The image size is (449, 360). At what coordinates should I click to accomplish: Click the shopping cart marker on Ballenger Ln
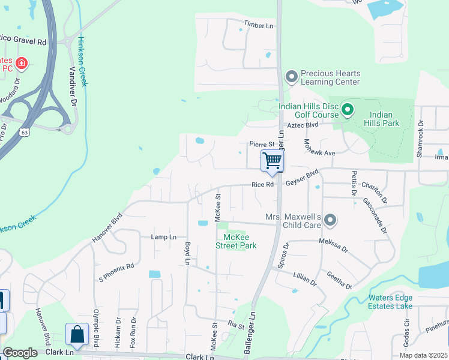(x=272, y=161)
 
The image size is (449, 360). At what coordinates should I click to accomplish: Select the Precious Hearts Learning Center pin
(x=292, y=76)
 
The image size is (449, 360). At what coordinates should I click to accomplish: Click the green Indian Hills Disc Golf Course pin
(x=348, y=110)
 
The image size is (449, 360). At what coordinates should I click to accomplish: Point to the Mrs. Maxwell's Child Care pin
(x=330, y=221)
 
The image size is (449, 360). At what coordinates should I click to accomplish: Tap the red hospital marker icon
(x=22, y=62)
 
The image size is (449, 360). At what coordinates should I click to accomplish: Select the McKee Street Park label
(x=236, y=241)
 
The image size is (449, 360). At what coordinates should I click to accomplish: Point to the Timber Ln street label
(x=258, y=25)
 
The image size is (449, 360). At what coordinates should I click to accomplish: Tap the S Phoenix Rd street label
(x=116, y=271)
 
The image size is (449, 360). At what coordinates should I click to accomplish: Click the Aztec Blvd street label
(x=303, y=125)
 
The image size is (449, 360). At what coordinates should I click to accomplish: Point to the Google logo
(x=20, y=353)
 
